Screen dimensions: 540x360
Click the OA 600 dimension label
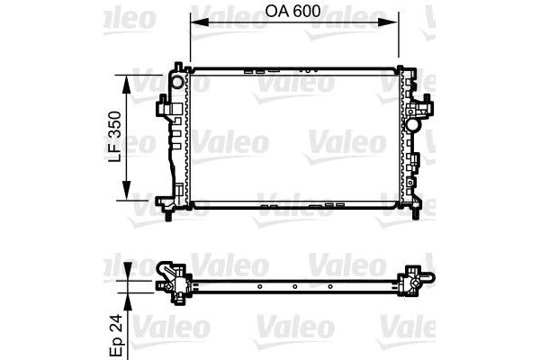coord(292,12)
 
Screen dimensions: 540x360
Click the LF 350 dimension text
coord(114,137)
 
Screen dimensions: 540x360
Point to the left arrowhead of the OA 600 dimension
coord(200,22)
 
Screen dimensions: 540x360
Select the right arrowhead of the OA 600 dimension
coord(388,22)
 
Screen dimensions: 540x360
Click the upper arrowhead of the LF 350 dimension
coord(127,84)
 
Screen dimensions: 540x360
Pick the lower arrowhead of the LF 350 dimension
coord(127,191)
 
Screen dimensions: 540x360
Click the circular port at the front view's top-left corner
coord(177,82)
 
